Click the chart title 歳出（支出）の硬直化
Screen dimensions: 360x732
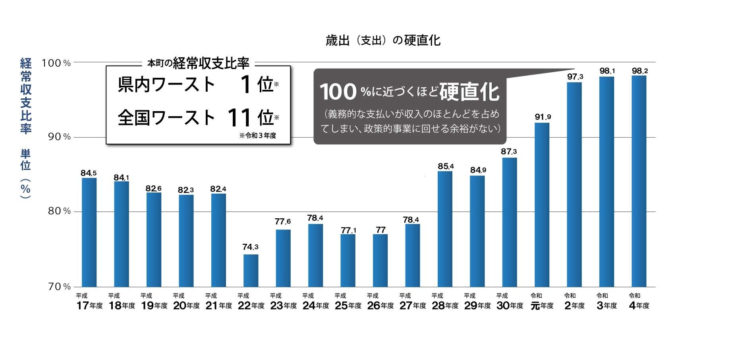(x=383, y=40)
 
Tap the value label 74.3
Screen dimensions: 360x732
(x=250, y=247)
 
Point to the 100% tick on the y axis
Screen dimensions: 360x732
(x=56, y=63)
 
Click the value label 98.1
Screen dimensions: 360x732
(x=607, y=71)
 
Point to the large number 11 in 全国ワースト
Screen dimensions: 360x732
(x=239, y=117)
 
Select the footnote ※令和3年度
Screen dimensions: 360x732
(x=257, y=135)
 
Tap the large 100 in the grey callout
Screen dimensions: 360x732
(x=338, y=92)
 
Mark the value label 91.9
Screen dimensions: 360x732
(x=543, y=117)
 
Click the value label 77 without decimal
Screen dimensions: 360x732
(x=380, y=230)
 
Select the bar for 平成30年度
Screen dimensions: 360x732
(x=510, y=222)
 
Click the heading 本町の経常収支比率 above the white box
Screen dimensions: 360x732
(x=198, y=63)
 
